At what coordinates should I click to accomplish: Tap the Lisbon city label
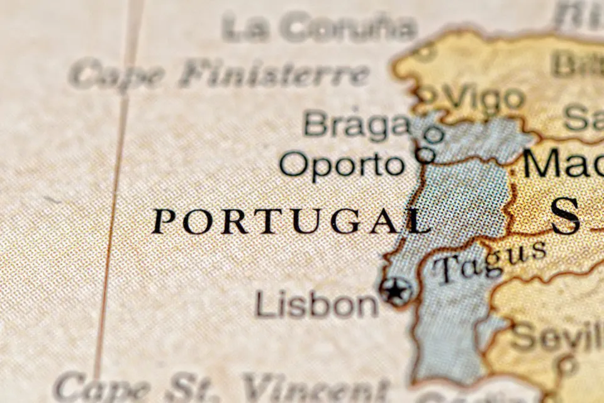coord(316,305)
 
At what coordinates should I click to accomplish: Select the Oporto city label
coord(342,165)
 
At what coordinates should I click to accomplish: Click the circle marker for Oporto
coord(426,154)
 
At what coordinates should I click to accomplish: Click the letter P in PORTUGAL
coord(164,222)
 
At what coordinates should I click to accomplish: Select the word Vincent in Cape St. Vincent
coord(315,387)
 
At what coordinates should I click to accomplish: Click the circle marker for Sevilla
coord(568,363)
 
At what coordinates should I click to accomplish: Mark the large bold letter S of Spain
coord(564,215)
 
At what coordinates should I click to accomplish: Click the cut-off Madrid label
coord(562,163)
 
